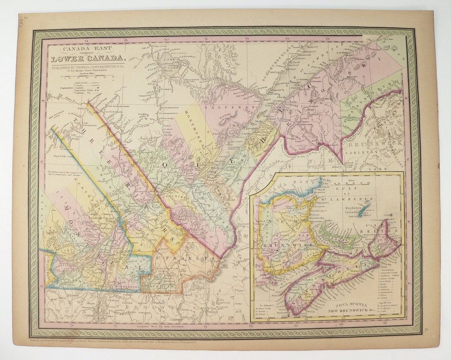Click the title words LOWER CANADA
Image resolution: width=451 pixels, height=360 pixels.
(x=87, y=58)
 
